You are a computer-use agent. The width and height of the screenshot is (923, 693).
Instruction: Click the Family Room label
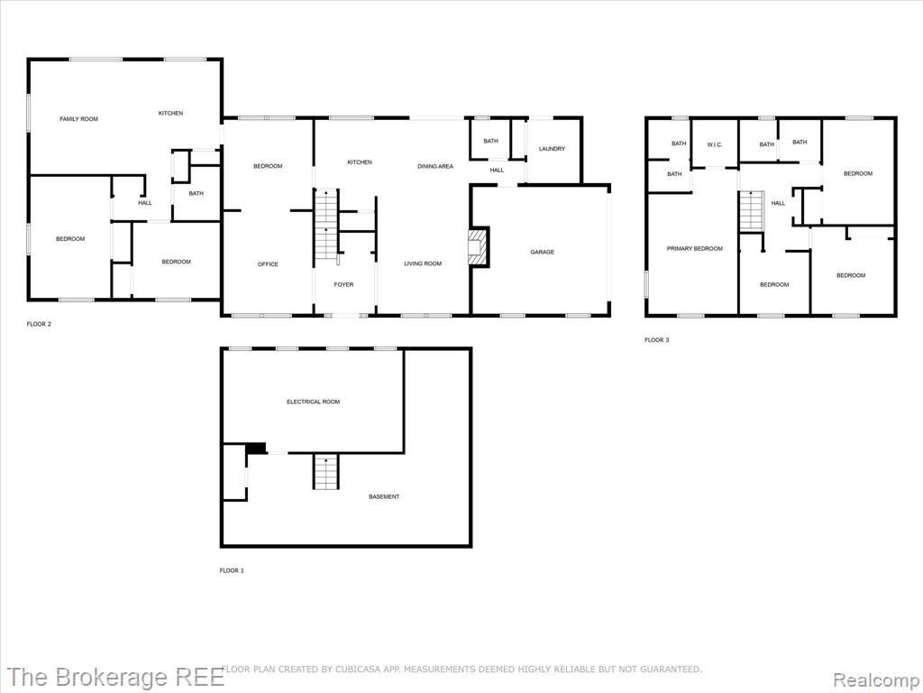(79, 119)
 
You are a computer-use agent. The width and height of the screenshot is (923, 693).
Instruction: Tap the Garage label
(542, 253)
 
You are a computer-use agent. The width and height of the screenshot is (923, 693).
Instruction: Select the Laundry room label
(552, 149)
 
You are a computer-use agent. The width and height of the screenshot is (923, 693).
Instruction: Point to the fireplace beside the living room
(478, 247)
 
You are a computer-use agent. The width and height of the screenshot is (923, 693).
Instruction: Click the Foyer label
(343, 284)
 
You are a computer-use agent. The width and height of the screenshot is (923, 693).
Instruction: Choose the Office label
(268, 264)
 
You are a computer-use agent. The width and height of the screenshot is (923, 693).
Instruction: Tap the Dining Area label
(435, 167)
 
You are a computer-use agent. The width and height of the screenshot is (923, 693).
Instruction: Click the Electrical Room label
(313, 402)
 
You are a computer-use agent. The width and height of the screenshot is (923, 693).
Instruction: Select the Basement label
(384, 497)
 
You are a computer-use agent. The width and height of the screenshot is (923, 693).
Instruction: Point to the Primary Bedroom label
(695, 249)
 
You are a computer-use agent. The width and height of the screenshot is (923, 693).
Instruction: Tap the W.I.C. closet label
(715, 145)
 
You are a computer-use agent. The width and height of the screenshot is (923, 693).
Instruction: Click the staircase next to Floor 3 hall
(752, 211)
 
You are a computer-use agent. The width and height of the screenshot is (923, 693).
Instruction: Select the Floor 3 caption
(657, 340)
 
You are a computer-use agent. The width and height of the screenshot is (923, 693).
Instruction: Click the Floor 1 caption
(232, 570)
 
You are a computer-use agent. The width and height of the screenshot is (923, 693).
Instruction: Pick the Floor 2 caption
(39, 324)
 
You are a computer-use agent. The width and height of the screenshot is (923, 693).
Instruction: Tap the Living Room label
(423, 264)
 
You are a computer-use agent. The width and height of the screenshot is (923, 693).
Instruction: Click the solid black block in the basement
(255, 448)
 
